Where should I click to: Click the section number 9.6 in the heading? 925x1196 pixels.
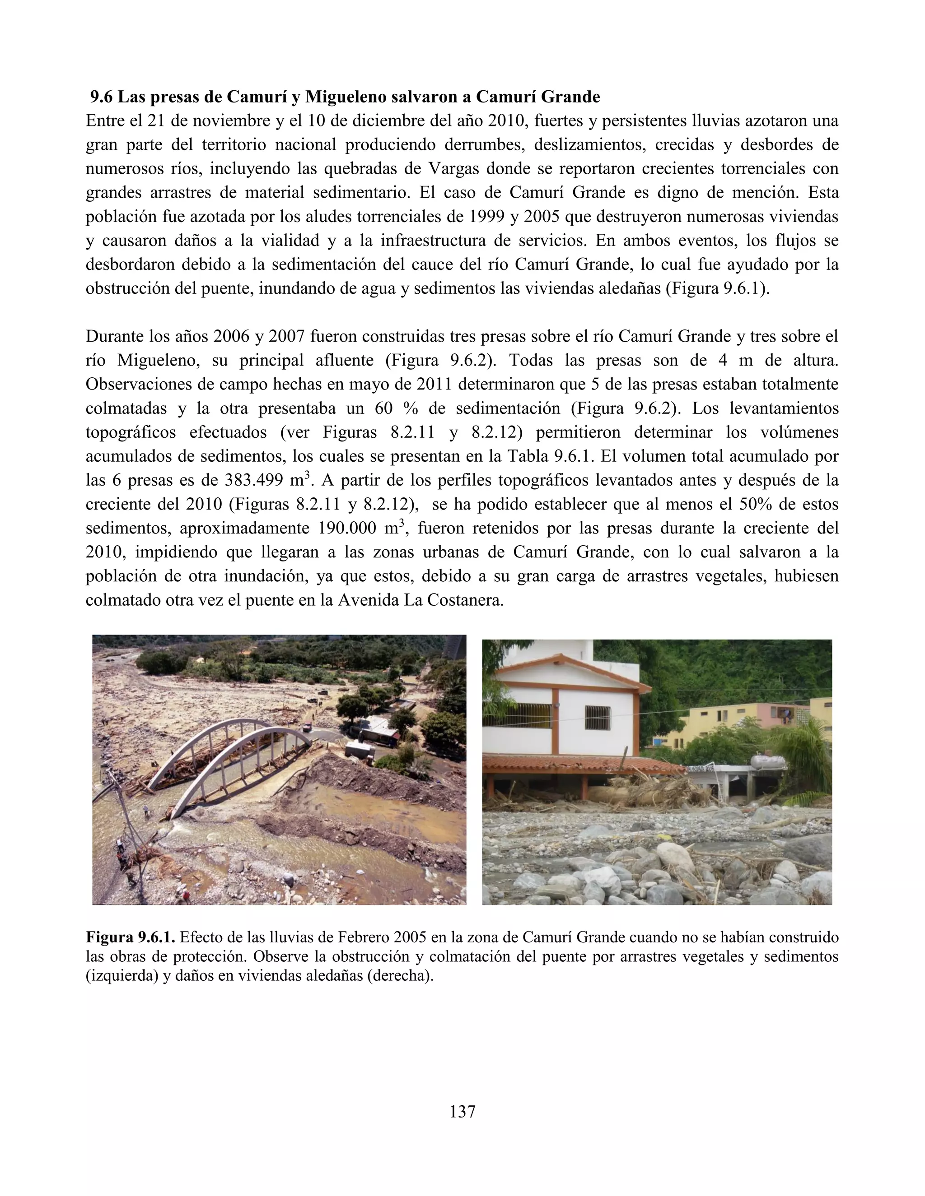tap(102, 97)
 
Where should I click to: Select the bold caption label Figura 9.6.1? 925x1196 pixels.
tap(131, 937)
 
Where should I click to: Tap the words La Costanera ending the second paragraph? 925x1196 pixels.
tap(453, 600)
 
